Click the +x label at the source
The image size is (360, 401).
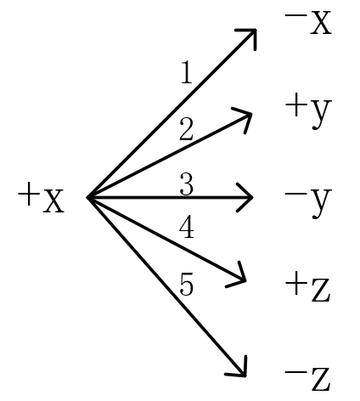[x=41, y=197]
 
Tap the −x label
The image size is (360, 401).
[x=308, y=22]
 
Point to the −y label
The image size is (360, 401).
[x=308, y=202]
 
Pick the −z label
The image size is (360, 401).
[x=307, y=380]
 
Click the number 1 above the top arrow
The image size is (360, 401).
[x=187, y=72]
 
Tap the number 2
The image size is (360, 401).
[x=187, y=129]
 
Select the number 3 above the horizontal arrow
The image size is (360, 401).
[x=187, y=184]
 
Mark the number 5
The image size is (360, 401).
[x=187, y=284]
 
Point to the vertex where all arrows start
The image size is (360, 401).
[x=87, y=197]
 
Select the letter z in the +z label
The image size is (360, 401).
[x=321, y=290]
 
